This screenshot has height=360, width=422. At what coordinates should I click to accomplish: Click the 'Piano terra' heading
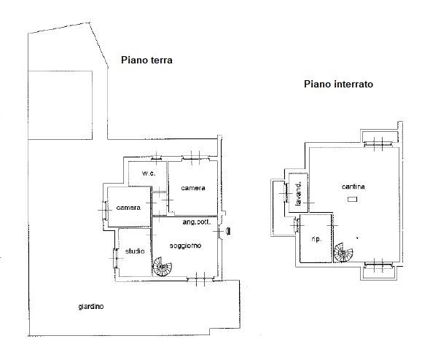[x=146, y=60]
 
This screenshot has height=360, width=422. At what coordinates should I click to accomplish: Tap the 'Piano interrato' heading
[x=339, y=84]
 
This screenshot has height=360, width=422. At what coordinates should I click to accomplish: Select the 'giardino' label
[x=91, y=307]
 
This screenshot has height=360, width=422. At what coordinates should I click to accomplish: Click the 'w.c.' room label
[x=149, y=173]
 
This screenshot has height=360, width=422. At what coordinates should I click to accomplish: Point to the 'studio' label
[x=135, y=251]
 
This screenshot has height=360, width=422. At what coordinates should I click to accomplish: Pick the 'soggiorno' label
[x=185, y=246]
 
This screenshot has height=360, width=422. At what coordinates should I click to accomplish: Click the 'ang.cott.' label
[x=197, y=222]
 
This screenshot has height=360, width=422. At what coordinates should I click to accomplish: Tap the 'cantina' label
[x=353, y=187]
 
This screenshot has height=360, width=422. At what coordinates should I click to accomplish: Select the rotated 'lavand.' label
[x=298, y=194]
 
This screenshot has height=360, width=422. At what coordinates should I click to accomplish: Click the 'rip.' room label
[x=316, y=239]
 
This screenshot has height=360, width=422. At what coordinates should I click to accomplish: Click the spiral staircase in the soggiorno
[x=163, y=267]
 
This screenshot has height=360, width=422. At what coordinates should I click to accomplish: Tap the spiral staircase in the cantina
[x=343, y=252]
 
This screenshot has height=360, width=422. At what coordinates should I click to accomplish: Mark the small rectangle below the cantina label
[x=352, y=200]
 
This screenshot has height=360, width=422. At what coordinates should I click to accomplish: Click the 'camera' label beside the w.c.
[x=193, y=188]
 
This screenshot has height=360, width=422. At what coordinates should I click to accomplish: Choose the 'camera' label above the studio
[x=128, y=208]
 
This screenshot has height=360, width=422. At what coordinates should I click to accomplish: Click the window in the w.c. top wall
[x=157, y=158]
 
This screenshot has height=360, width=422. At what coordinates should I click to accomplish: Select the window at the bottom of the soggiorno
[x=200, y=280]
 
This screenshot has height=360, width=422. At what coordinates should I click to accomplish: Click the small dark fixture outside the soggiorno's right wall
[x=228, y=231]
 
